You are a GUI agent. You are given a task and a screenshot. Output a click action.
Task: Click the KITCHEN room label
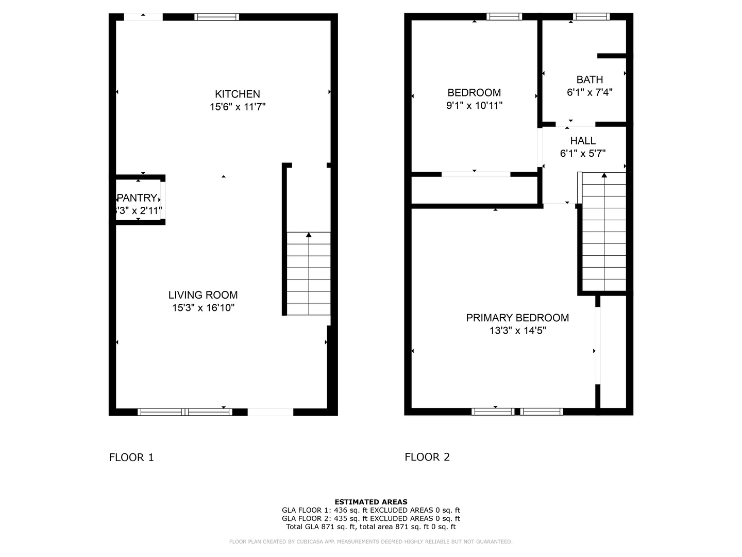238,94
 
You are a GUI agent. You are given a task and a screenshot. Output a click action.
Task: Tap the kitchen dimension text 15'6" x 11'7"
238,107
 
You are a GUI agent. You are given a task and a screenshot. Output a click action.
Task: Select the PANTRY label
137,198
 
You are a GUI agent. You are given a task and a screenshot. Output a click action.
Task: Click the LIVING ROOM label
203,295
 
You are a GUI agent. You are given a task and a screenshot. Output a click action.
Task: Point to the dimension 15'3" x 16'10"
203,308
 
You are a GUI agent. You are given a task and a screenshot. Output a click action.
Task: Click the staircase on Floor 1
308,273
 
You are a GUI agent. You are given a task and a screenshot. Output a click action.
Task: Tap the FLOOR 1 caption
131,457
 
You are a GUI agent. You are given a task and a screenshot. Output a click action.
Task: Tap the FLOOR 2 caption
427,457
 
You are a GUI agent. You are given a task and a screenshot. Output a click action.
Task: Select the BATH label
589,80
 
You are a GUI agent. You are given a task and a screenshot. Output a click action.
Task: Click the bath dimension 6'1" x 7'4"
589,93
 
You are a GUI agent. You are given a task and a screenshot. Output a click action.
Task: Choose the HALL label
583,141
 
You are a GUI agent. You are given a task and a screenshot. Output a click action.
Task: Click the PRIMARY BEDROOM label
517,318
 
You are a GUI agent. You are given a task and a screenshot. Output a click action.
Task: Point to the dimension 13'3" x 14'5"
517,331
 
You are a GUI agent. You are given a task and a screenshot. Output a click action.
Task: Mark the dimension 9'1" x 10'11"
474,106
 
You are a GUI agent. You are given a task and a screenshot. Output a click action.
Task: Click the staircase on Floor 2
604,232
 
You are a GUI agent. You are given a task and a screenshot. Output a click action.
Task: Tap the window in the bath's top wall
592,17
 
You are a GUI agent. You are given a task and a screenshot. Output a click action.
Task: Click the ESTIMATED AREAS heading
371,502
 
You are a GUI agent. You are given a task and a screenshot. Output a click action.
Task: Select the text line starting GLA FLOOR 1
371,510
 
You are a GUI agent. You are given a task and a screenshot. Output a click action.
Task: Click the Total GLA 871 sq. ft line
371,527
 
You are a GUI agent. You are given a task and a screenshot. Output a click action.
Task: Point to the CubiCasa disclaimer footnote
371,542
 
